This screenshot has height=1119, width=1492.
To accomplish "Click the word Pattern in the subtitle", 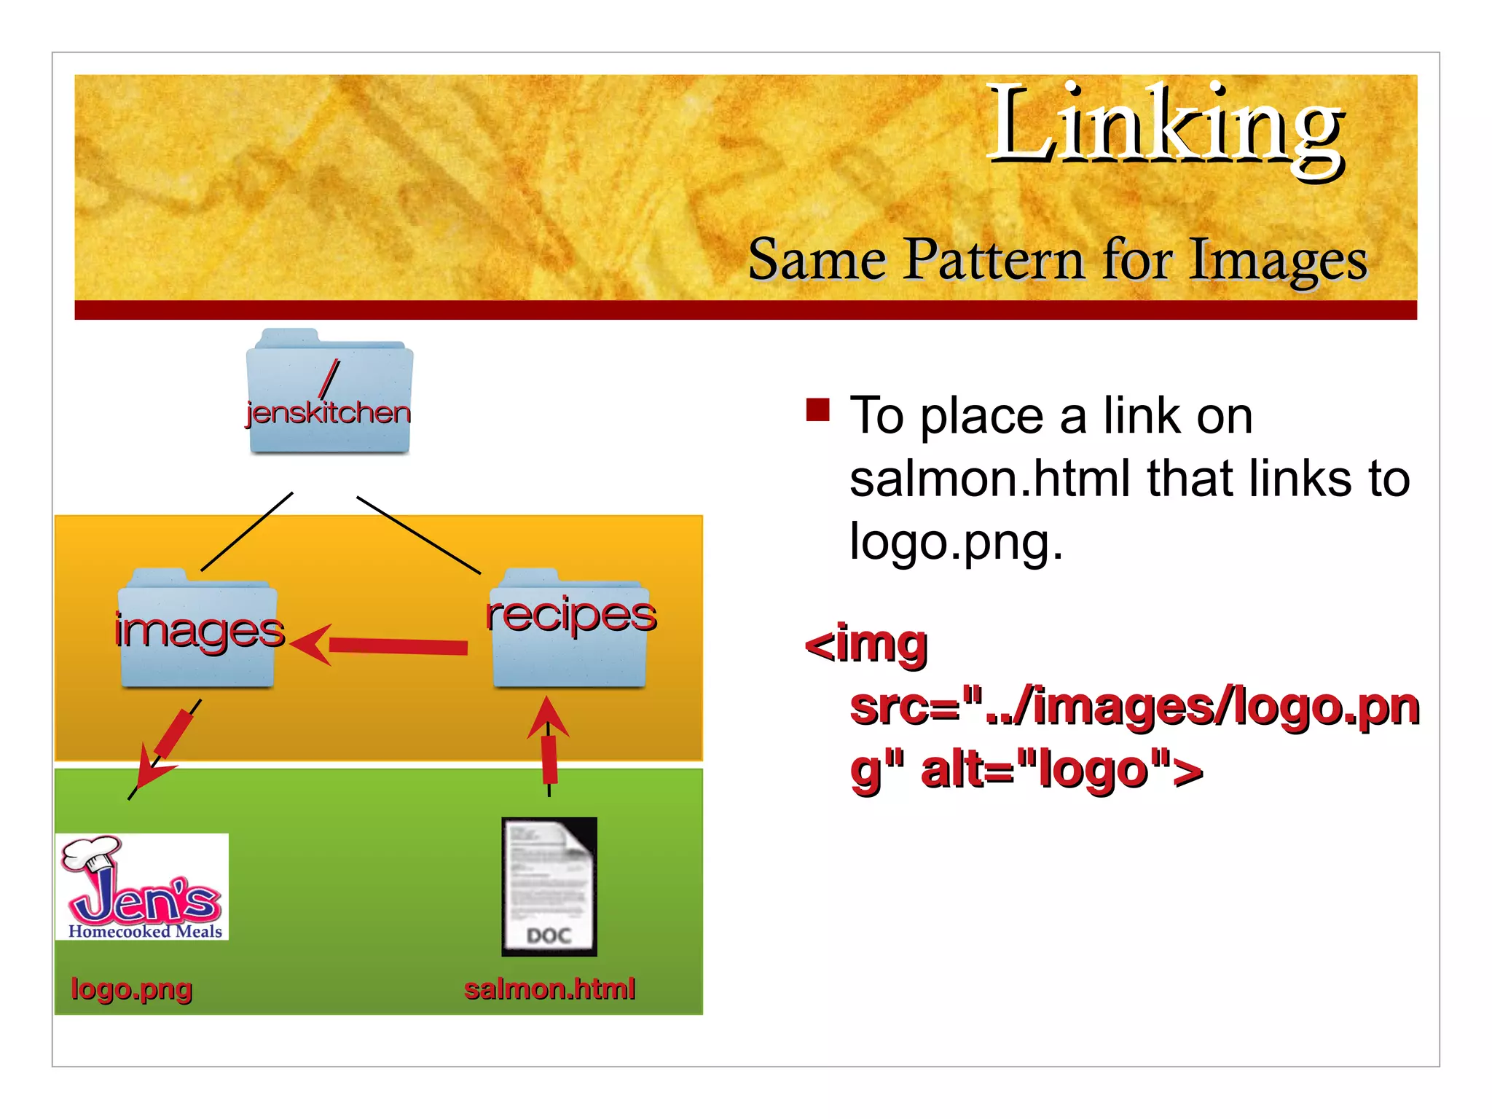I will coord(994,260).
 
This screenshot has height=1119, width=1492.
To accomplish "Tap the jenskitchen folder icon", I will coord(329,393).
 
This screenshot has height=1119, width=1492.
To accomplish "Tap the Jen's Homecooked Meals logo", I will coord(143,887).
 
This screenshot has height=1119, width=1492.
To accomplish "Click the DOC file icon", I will coord(549,886).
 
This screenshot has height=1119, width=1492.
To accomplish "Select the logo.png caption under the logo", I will coord(131,989).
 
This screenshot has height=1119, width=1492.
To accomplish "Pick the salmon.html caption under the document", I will coord(549,989).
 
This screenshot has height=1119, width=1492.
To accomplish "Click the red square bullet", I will coord(818,410).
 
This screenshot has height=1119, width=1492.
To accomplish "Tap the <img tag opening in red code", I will coord(866,644).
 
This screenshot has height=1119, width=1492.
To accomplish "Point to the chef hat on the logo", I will coord(91,853).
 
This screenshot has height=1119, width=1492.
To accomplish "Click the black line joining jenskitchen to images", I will coord(246,532).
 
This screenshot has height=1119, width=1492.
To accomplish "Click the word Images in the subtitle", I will coord(1278,260).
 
